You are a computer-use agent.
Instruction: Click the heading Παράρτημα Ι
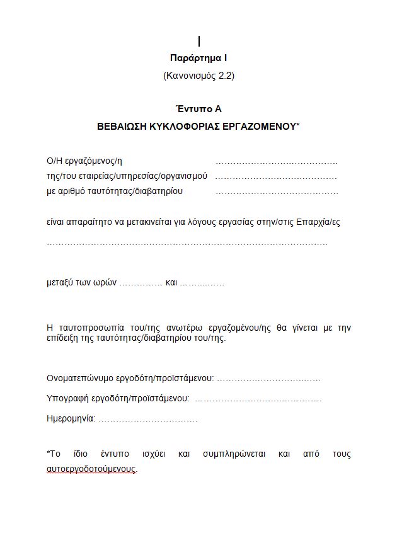point(198,58)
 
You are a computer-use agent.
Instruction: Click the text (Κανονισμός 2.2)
point(198,76)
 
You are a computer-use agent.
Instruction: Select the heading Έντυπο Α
point(198,109)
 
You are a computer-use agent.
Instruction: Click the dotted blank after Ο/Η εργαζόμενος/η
point(277,162)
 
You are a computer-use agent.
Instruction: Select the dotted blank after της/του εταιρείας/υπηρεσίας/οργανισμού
point(277,177)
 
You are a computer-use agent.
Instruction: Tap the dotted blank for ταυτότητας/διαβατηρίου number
point(277,192)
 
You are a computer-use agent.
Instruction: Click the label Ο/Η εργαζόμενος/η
point(85,161)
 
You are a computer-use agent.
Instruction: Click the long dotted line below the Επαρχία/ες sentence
point(187,243)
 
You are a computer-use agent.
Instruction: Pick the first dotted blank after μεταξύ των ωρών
point(141,283)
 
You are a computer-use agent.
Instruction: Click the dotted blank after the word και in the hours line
point(202,283)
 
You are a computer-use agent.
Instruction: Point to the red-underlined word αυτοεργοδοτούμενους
point(91,469)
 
